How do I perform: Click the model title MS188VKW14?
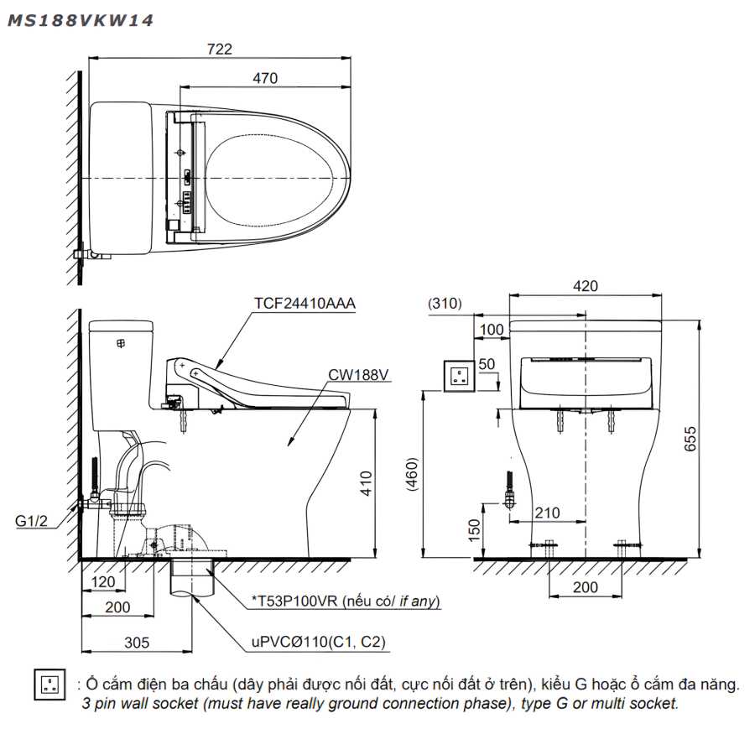[81, 20]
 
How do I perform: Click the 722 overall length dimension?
[219, 49]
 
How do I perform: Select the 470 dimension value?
[265, 78]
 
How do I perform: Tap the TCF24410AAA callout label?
[305, 304]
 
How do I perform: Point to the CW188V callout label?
[358, 375]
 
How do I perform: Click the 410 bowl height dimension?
[366, 483]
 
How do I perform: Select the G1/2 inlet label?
[31, 520]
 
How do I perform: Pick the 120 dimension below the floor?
[103, 581]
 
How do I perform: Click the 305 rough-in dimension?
[137, 643]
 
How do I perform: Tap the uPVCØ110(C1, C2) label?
[318, 642]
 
